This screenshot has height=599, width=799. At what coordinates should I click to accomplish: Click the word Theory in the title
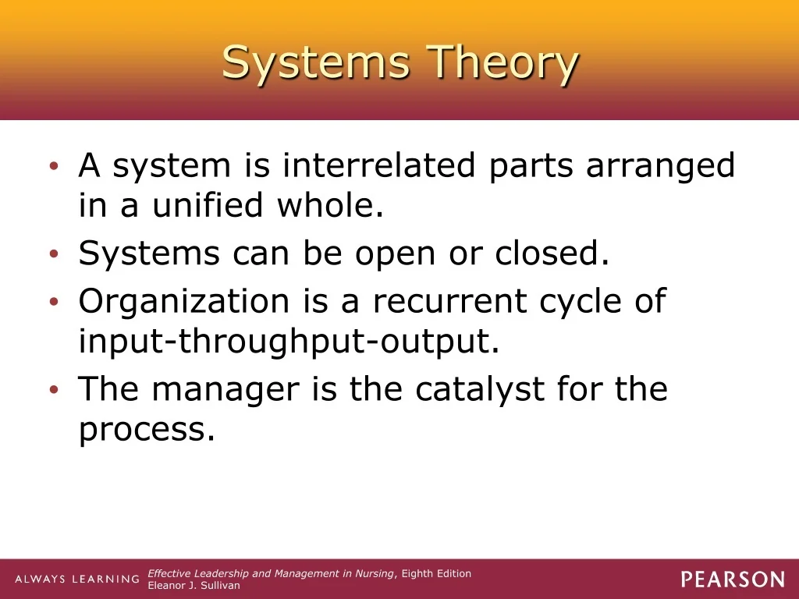click(502, 63)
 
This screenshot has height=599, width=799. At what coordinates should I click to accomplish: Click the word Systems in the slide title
click(316, 62)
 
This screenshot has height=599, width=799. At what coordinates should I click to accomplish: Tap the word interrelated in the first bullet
click(378, 165)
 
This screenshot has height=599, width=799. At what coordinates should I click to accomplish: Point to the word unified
click(208, 204)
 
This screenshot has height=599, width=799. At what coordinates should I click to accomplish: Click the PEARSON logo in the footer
click(733, 580)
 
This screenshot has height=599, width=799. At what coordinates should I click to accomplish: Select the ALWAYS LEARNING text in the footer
click(77, 580)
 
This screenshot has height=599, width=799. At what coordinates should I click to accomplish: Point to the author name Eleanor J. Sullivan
click(194, 586)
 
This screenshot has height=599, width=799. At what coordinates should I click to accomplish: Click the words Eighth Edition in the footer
click(436, 574)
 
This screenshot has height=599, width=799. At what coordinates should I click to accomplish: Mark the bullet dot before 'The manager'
click(54, 390)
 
